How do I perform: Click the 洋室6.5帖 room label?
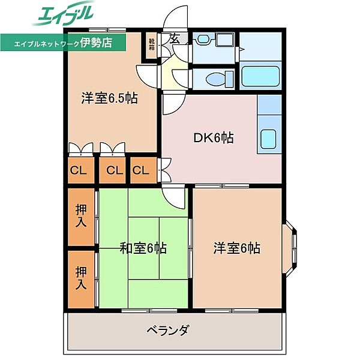[x=110, y=98]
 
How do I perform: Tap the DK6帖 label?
[x=213, y=137]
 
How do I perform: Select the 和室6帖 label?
[x=143, y=247]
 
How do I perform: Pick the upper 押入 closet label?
[x=81, y=215]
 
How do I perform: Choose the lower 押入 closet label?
[x=81, y=278]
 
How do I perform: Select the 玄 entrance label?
[x=175, y=39]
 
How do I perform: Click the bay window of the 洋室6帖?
[x=292, y=247]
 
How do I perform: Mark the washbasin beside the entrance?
[x=203, y=40]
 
